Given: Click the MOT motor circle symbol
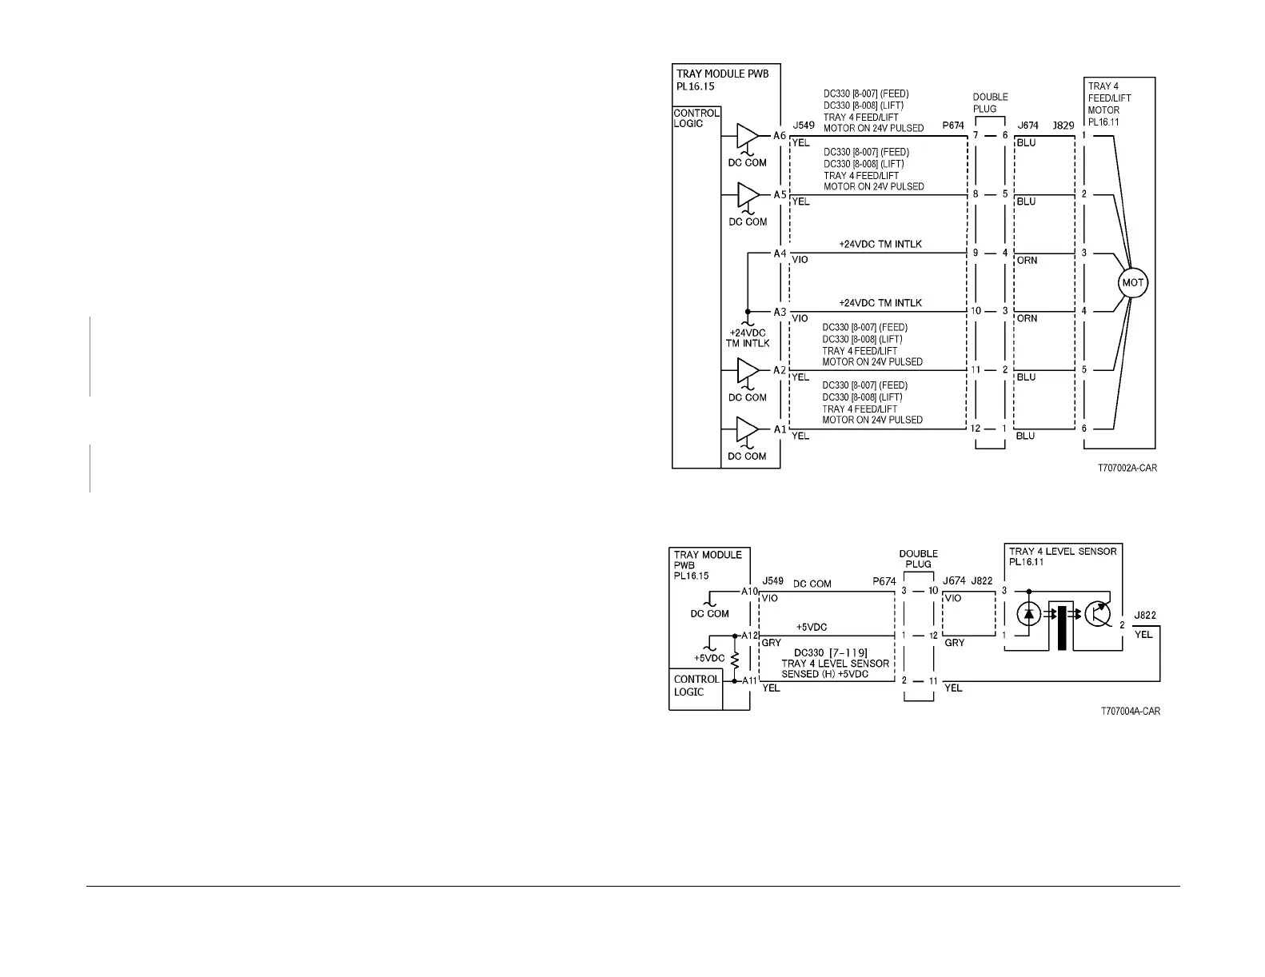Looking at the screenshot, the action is tap(1133, 283).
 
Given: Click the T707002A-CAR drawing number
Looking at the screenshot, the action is tap(1127, 469).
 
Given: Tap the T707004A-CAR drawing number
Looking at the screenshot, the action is tap(1130, 712).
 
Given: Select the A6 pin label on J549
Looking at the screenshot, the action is tap(779, 136).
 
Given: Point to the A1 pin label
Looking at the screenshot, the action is tap(779, 429).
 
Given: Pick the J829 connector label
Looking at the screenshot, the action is tap(1063, 126).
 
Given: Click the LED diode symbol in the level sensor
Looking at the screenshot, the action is tap(1028, 614).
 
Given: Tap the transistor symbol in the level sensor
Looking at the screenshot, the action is tap(1100, 614).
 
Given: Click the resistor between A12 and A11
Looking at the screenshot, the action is tap(735, 658).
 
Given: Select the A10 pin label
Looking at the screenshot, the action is tap(749, 592).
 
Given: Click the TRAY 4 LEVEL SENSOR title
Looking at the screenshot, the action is tap(1063, 552).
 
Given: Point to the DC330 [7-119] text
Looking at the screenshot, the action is tap(830, 653).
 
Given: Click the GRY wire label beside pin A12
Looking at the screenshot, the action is tap(771, 643).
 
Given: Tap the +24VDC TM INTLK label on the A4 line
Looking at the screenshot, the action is tap(880, 244).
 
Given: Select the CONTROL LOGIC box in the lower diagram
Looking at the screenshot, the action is tap(695, 686).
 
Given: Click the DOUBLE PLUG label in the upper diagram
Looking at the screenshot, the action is tap(990, 103).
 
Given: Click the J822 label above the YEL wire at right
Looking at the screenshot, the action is tap(1144, 616).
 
